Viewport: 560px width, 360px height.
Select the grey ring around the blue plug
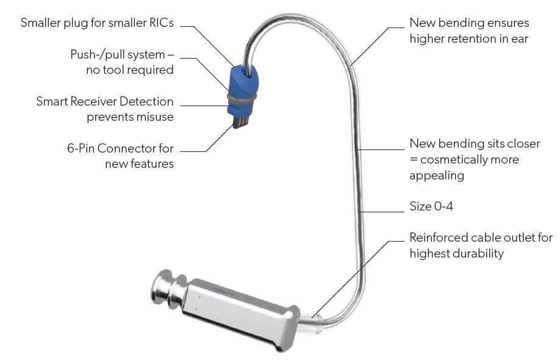point(242,96)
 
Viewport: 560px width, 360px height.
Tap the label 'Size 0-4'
point(431,207)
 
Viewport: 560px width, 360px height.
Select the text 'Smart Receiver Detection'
point(104,101)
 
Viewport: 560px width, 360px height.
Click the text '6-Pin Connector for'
point(120,148)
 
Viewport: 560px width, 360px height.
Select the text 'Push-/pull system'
point(117,54)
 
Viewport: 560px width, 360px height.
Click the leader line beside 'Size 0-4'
point(384,212)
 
